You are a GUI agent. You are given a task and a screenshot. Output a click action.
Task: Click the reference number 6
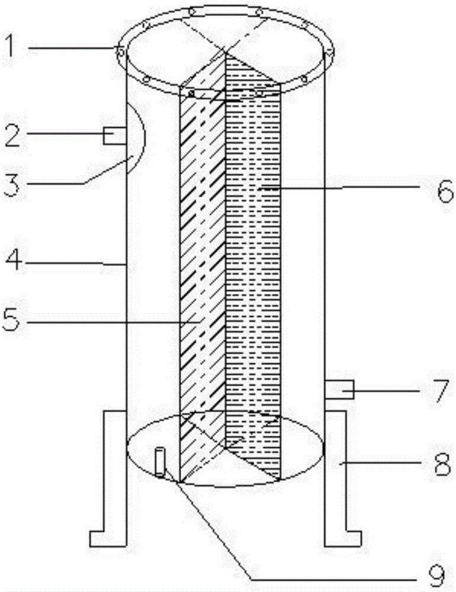[445, 191]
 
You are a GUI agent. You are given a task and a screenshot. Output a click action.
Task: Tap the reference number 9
[445, 575]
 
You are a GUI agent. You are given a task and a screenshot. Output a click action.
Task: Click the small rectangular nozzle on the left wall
[114, 136]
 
